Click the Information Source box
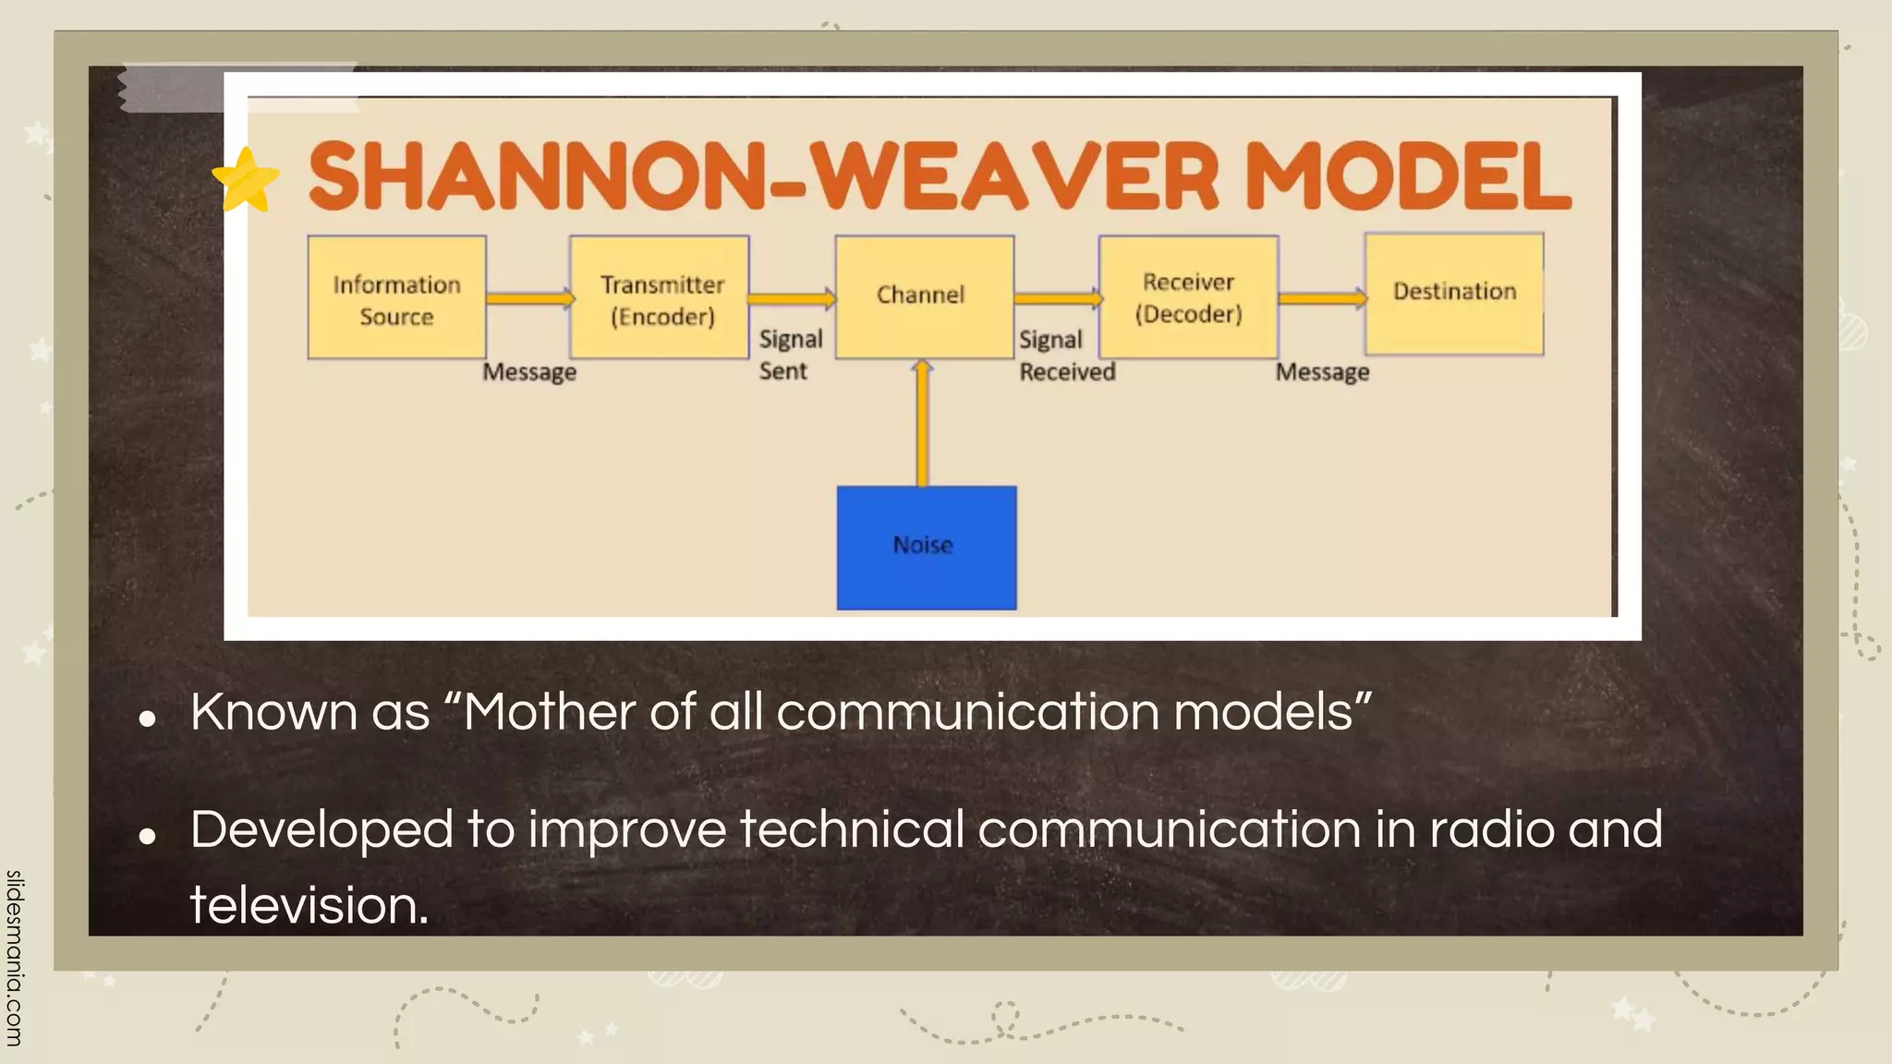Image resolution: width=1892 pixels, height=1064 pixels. click(x=396, y=297)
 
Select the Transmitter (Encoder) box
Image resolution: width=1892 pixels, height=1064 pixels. click(x=660, y=297)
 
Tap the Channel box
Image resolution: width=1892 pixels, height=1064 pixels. click(x=924, y=296)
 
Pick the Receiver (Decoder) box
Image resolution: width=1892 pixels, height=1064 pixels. click(x=1188, y=296)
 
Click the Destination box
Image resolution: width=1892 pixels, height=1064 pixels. click(x=1454, y=294)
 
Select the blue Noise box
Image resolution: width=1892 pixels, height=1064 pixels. click(x=926, y=547)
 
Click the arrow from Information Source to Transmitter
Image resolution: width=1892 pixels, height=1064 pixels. click(x=529, y=298)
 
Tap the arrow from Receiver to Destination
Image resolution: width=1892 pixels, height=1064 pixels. click(x=1322, y=297)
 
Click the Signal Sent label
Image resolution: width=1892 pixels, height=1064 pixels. click(x=790, y=356)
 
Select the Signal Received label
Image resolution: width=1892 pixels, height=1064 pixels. click(x=1066, y=357)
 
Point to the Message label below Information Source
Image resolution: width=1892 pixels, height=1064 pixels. click(x=529, y=372)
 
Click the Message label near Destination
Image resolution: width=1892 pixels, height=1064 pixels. click(x=1322, y=372)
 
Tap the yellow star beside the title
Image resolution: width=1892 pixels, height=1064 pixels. click(x=246, y=179)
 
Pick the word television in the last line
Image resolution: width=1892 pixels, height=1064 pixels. click(x=309, y=905)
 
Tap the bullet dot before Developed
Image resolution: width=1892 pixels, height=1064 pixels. click(x=147, y=836)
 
